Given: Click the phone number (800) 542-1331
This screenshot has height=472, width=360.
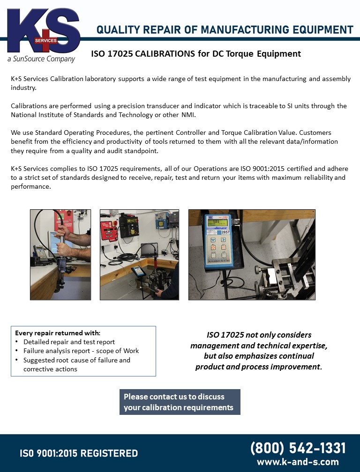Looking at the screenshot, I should tap(298, 448).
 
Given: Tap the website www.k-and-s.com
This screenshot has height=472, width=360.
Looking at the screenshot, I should tap(298, 462).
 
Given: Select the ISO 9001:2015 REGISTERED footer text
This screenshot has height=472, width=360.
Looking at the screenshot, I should tap(79, 453).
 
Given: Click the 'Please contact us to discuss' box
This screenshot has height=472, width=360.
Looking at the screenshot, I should tap(180, 402).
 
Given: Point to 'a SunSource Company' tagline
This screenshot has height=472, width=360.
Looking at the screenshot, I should tap(41, 59).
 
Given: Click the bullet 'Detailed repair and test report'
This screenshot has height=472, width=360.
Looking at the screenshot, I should tap(69, 342).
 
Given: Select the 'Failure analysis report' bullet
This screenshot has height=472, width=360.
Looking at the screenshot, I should tap(81, 351).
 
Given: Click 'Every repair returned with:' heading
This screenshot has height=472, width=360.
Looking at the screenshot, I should tap(58, 333).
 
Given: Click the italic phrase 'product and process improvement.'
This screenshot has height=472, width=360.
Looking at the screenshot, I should tap(259, 366).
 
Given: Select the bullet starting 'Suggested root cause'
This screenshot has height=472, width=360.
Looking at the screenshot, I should tap(76, 360).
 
